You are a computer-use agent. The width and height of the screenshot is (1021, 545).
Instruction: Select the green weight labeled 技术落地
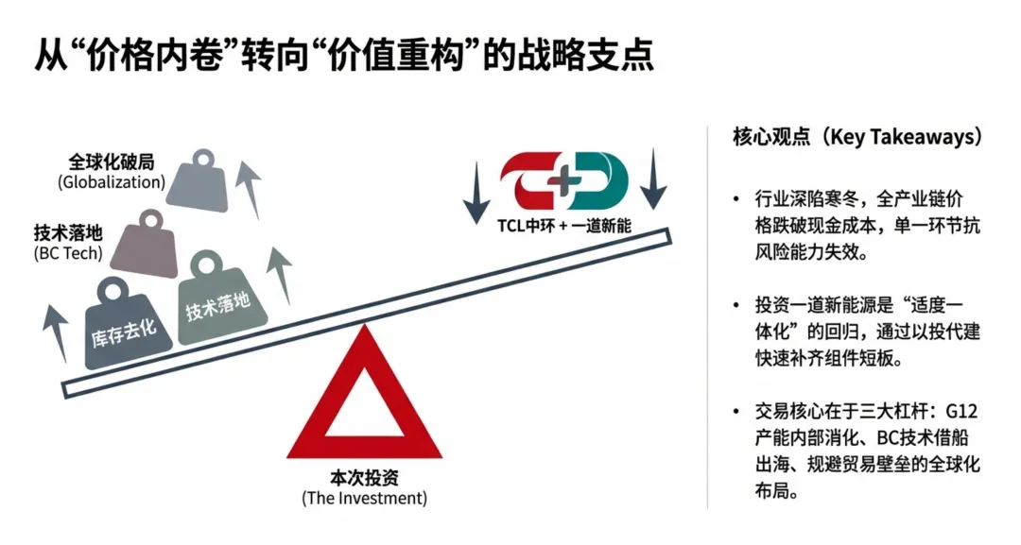(x=220, y=299)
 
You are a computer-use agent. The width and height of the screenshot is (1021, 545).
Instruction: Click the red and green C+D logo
(x=565, y=183)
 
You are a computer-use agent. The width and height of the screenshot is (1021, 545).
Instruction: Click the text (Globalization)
(x=112, y=181)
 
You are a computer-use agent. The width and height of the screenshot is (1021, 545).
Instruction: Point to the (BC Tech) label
(x=67, y=253)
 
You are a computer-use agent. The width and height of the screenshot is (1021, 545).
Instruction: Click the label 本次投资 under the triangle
(x=364, y=478)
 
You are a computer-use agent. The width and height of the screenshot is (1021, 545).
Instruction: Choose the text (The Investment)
(x=364, y=498)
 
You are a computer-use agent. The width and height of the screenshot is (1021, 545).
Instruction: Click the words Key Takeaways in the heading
(x=912, y=138)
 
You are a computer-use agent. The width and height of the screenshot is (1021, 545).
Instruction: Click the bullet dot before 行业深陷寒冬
(x=736, y=199)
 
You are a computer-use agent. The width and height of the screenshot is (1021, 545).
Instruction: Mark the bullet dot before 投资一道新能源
(x=736, y=306)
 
